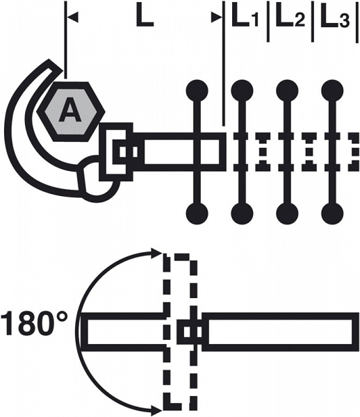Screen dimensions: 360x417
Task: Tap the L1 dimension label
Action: pos(245,18)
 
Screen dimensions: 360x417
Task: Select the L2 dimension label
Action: pos(290,18)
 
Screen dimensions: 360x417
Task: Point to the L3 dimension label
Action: pos(335,18)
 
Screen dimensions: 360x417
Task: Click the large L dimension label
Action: pos(145,17)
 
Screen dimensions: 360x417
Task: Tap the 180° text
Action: pos(34,324)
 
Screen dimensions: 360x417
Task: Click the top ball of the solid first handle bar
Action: pos(197,90)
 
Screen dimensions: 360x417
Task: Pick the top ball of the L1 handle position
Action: pos(242,90)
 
